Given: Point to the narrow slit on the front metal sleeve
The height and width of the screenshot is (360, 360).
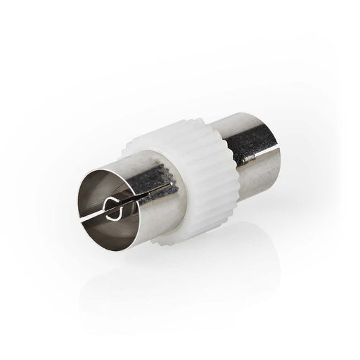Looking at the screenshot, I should coord(157,194).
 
